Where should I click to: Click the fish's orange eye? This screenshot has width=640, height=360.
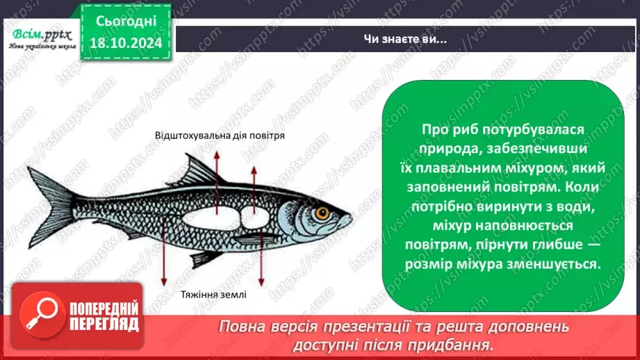point(321,213)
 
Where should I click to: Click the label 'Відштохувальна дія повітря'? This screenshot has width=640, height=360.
point(221,137)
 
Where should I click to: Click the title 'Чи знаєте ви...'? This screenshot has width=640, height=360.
point(407,39)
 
